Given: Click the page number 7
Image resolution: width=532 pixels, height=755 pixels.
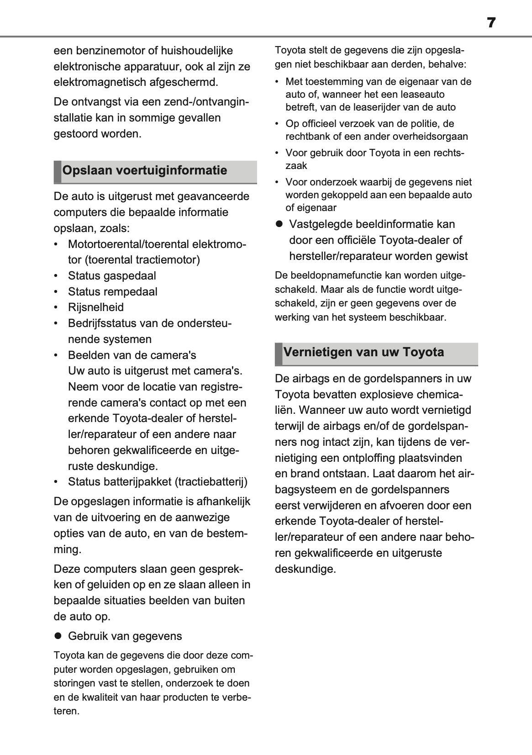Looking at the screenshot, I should pyautogui.click(x=491, y=23).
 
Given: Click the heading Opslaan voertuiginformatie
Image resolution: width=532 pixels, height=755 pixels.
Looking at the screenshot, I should pyautogui.click(x=144, y=171).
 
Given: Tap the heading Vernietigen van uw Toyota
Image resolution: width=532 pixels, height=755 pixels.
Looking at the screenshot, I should pyautogui.click(x=363, y=352).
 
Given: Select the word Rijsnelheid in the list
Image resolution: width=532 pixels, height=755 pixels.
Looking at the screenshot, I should pyautogui.click(x=96, y=307).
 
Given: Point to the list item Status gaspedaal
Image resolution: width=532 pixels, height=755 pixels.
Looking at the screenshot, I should pyautogui.click(x=112, y=276).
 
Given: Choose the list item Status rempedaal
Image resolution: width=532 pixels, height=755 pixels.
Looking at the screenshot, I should pyautogui.click(x=112, y=292).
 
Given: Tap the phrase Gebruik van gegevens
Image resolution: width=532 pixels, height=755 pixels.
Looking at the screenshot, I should pyautogui.click(x=125, y=636).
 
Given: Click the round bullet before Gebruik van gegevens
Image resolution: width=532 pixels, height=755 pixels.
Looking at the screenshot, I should pyautogui.click(x=58, y=636).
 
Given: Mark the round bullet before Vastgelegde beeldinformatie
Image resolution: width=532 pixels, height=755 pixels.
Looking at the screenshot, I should pyautogui.click(x=279, y=224).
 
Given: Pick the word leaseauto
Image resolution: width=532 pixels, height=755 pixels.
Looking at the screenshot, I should pyautogui.click(x=420, y=95).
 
